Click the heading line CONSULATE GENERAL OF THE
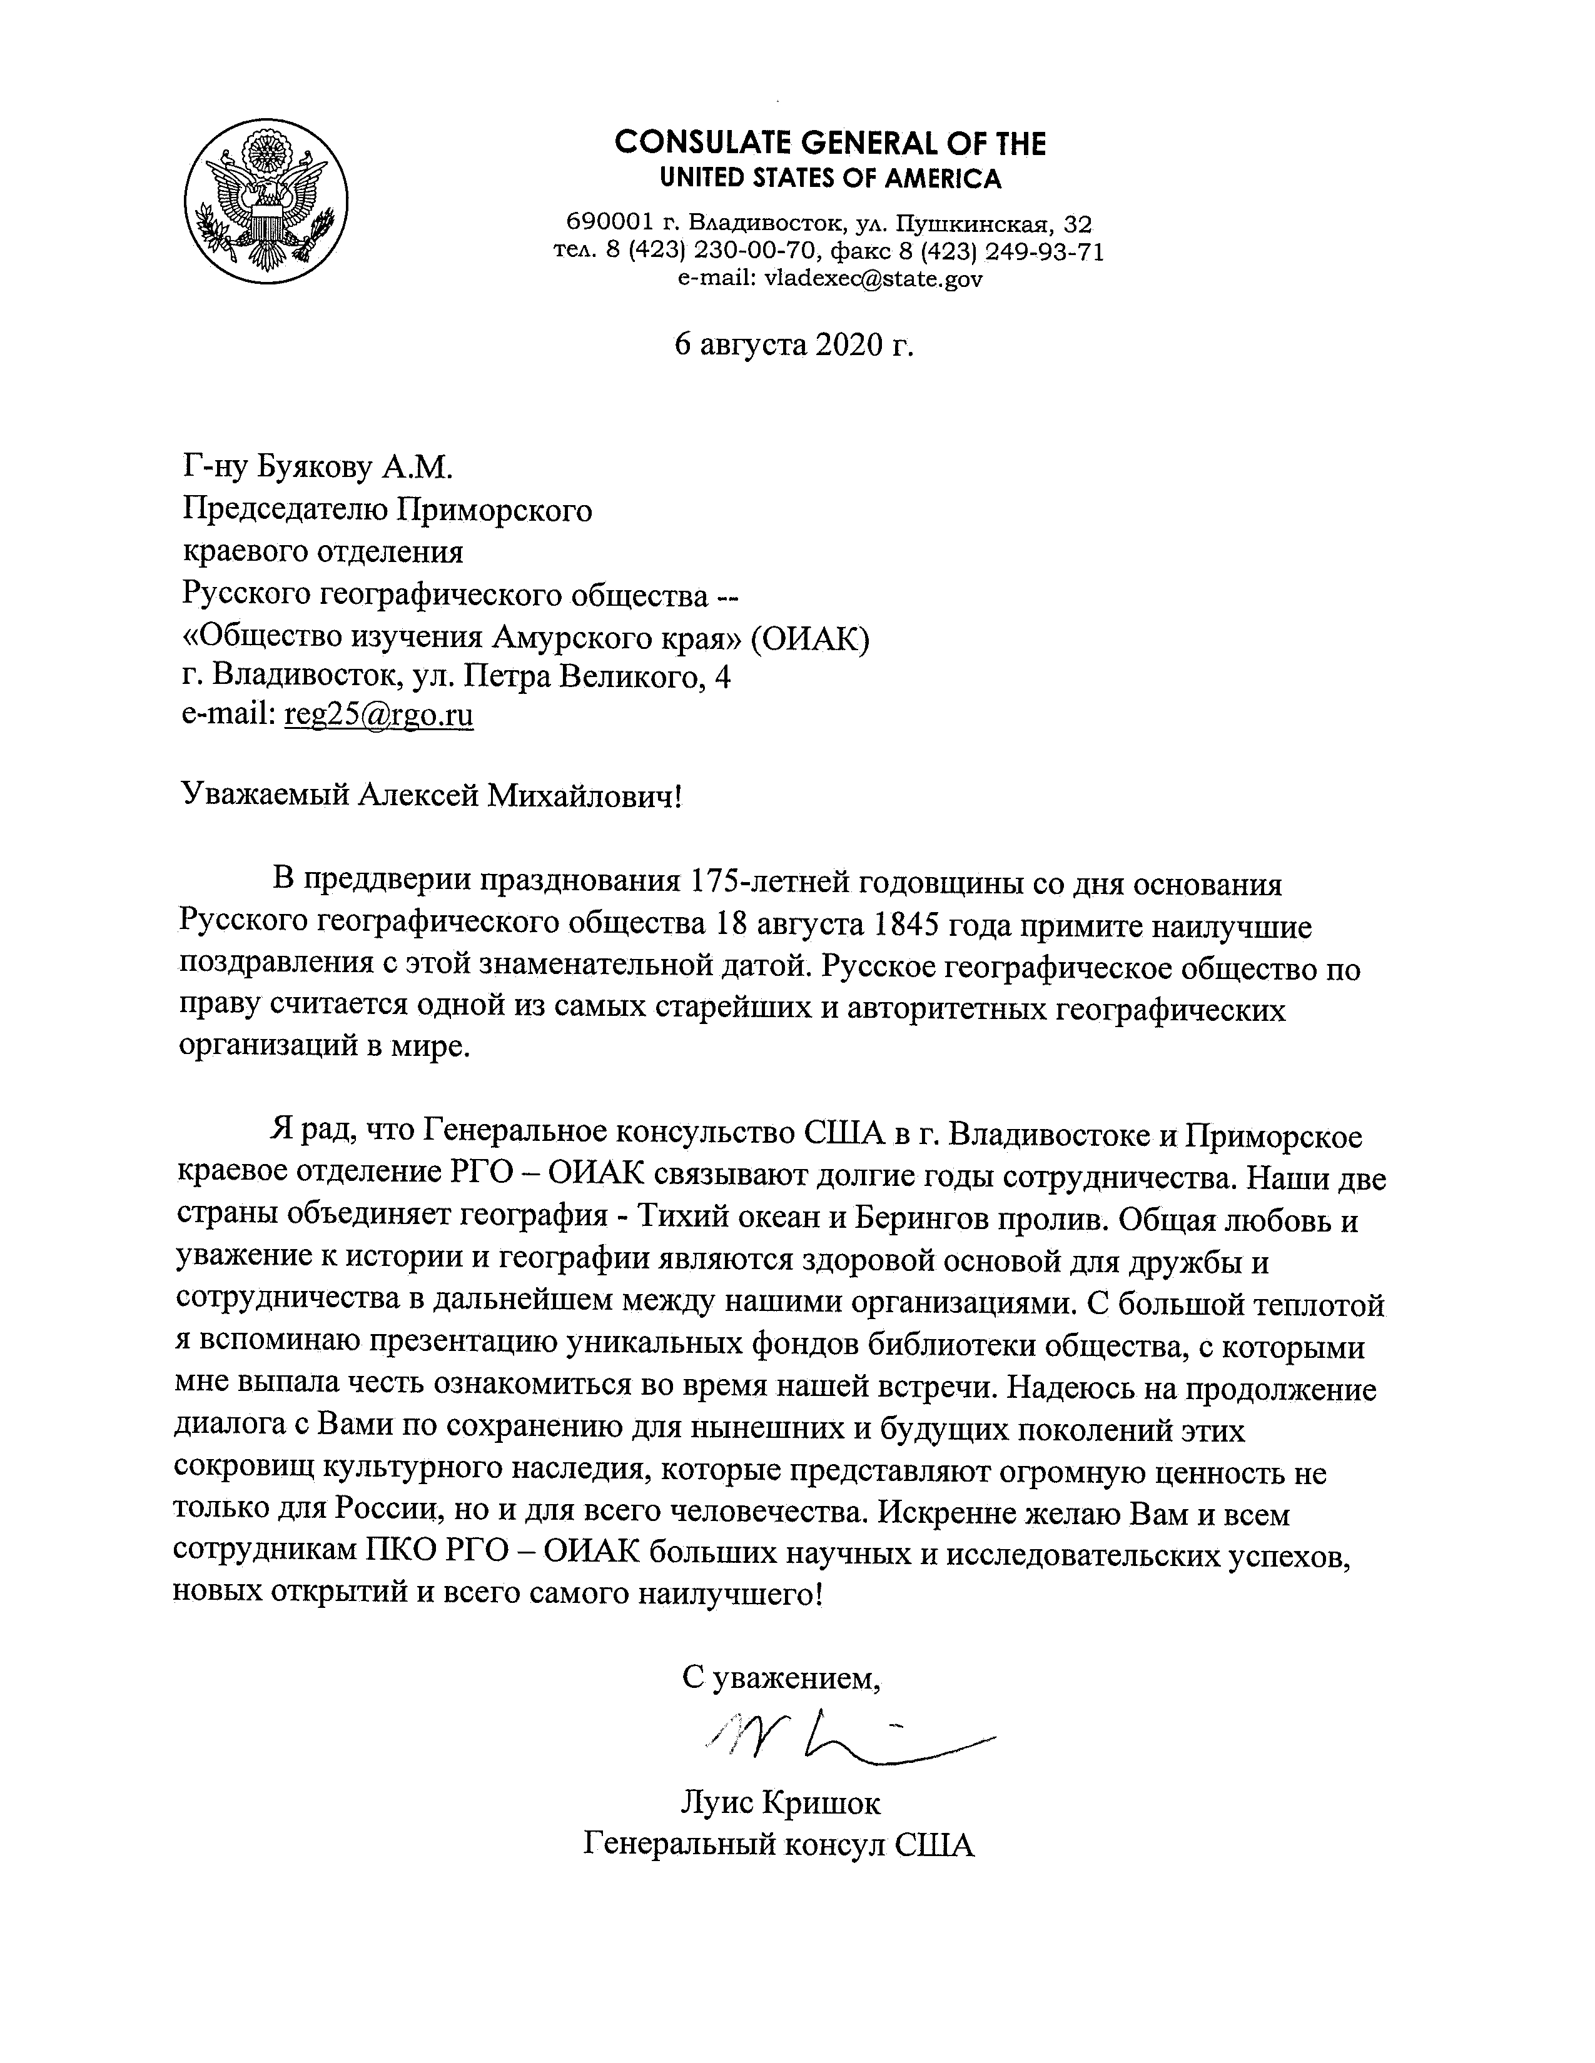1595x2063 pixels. pyautogui.click(x=829, y=144)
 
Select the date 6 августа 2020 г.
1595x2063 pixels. pyautogui.click(x=794, y=346)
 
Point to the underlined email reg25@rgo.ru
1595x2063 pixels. pyautogui.click(x=378, y=715)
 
